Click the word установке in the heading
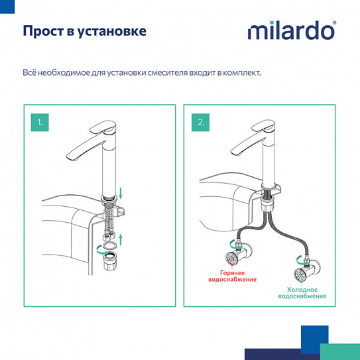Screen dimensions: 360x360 111,31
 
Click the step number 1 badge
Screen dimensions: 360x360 40,122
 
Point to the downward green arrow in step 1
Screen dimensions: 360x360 121,193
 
